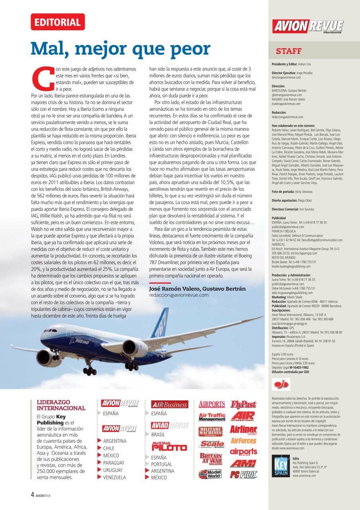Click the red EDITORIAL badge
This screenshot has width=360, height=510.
click(x=57, y=22)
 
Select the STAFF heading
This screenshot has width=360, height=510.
click(x=289, y=51)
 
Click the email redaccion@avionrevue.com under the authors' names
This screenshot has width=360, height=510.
click(x=179, y=295)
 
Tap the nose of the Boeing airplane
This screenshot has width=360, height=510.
click(x=43, y=331)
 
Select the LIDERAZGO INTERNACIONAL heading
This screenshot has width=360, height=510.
click(x=61, y=405)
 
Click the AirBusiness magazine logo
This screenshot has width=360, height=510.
click(x=170, y=404)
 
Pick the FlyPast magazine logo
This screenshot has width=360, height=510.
click(x=243, y=404)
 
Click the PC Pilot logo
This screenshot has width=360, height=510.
click(x=243, y=475)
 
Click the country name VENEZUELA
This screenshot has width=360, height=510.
click(x=114, y=477)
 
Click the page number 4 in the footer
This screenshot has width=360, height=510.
click(x=32, y=495)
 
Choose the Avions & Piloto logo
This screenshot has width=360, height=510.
click(x=169, y=446)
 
